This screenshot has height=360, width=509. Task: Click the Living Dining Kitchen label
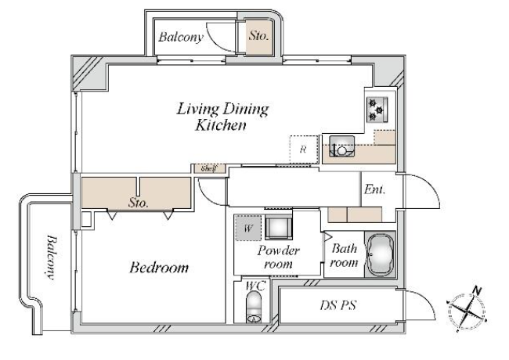pyautogui.click(x=222, y=117)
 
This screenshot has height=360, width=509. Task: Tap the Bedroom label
pyautogui.click(x=159, y=268)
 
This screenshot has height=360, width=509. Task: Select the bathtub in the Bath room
pyautogui.click(x=380, y=254)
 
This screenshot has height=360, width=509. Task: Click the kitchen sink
pyautogui.click(x=342, y=146)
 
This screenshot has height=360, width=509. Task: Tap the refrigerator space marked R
pyautogui.click(x=304, y=149)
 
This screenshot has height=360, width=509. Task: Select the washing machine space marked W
pyautogui.click(x=248, y=228)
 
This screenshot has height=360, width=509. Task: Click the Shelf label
pyautogui.click(x=208, y=168)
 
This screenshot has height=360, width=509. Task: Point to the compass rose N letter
pyautogui.click(x=477, y=290)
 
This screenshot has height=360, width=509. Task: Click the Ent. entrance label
pyautogui.click(x=374, y=189)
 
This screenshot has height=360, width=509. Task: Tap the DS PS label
pyautogui.click(x=338, y=305)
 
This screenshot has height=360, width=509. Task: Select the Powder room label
pyautogui.click(x=278, y=257)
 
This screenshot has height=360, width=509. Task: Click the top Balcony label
pyautogui.click(x=181, y=37)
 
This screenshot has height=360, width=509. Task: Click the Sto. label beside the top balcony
pyautogui.click(x=258, y=36)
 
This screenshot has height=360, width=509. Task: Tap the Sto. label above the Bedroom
pyautogui.click(x=139, y=203)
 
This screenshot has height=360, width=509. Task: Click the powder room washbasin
pyautogui.click(x=279, y=228)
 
